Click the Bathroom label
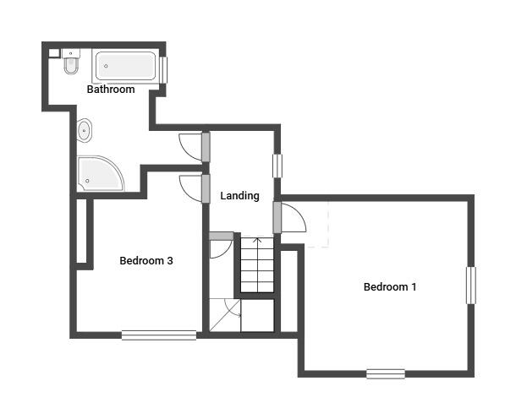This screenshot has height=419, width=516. click(x=111, y=90)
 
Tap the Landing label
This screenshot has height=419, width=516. click(x=239, y=196)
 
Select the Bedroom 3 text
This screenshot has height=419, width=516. click(x=146, y=261)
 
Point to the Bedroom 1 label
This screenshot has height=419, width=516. click(x=390, y=287)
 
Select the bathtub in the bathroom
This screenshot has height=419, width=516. click(x=126, y=66)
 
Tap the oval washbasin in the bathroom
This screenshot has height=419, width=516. click(x=85, y=131)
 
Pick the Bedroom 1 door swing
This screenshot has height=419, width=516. click(x=293, y=220)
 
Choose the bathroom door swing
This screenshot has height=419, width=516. click(x=190, y=145)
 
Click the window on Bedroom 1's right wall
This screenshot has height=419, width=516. click(x=470, y=286)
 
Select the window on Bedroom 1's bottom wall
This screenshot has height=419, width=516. click(x=386, y=373)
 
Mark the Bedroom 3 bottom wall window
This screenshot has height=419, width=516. click(x=158, y=335)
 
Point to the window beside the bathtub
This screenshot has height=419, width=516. click(x=164, y=68)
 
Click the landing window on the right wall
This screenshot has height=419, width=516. click(x=277, y=165)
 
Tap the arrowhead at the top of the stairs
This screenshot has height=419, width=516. click(x=257, y=241)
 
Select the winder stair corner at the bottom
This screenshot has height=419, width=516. click(x=224, y=317)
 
